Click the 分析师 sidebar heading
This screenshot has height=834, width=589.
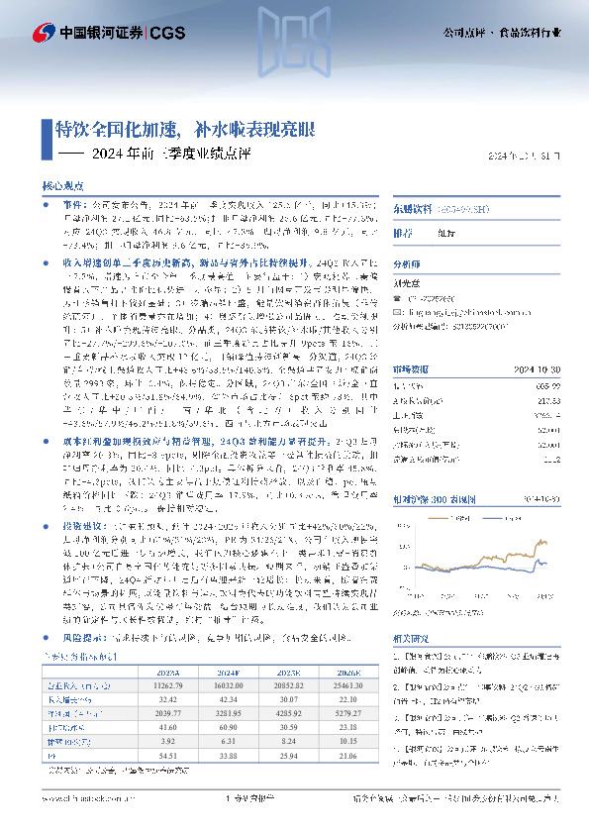(407, 265)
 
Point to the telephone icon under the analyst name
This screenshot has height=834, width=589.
(400, 298)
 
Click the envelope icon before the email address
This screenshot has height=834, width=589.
(400, 311)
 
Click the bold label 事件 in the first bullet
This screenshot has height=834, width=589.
(71, 199)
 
